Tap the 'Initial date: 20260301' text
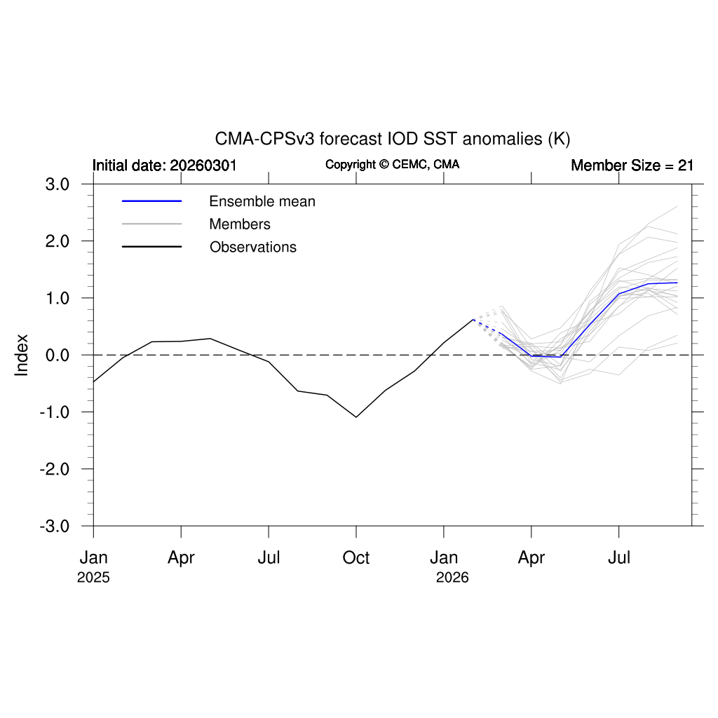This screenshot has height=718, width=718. click(165, 165)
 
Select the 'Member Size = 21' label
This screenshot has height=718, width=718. click(632, 165)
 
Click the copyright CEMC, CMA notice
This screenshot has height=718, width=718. click(392, 164)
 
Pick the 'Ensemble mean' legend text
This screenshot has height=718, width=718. click(262, 202)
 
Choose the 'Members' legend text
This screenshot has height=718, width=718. click(240, 224)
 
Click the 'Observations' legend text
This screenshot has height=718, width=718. click(252, 247)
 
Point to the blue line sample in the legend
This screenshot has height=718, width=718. click(151, 202)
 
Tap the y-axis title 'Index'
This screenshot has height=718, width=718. click(22, 355)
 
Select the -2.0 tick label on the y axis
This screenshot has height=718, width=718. click(57, 469)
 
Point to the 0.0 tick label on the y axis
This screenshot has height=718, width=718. click(59, 355)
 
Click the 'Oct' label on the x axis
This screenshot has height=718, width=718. click(356, 558)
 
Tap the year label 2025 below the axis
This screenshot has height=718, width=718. click(93, 578)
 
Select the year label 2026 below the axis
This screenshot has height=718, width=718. click(452, 578)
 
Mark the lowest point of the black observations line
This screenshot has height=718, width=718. click(356, 417)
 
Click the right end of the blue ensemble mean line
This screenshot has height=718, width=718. click(677, 283)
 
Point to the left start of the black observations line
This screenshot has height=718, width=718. click(94, 381)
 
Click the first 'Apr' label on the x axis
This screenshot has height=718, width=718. click(181, 558)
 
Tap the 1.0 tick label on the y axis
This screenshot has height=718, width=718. click(59, 298)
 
